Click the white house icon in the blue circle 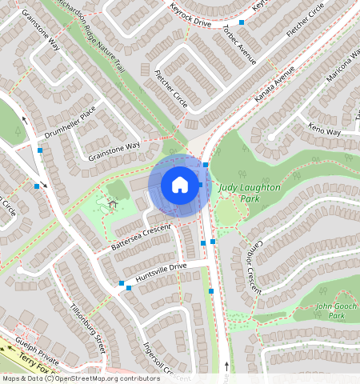(x=180, y=186)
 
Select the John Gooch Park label (x=334, y=310)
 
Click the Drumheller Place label (x=70, y=123)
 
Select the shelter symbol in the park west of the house (x=113, y=203)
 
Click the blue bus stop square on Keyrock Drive (x=241, y=22)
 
